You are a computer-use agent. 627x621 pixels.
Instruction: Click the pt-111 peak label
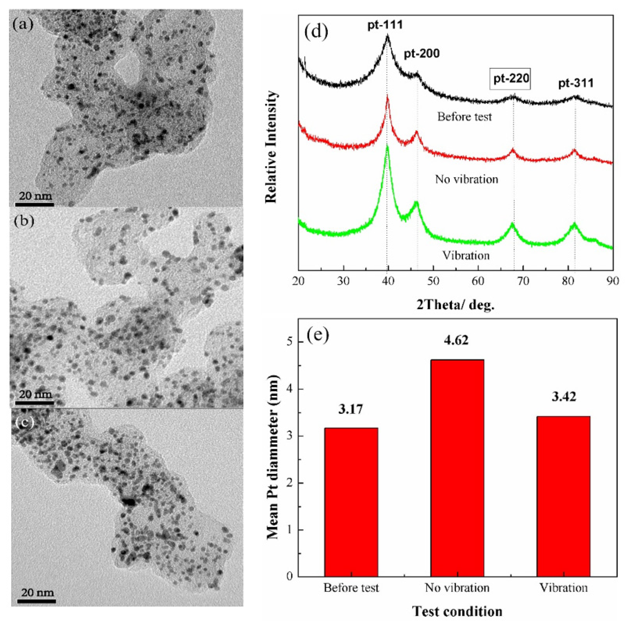[x=385, y=25]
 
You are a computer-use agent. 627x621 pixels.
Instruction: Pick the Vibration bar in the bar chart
[x=563, y=496]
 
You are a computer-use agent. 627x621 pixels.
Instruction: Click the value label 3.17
[x=351, y=409]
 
